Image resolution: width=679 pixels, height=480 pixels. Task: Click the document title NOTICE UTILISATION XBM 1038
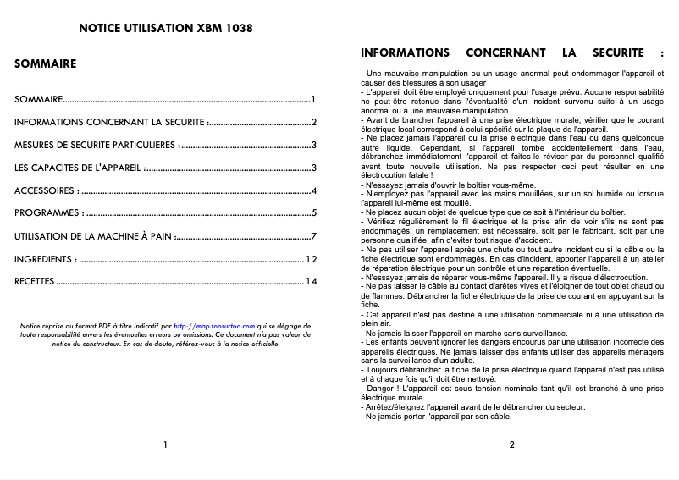(x=165, y=28)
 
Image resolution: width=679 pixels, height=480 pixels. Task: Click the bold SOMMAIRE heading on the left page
(x=46, y=63)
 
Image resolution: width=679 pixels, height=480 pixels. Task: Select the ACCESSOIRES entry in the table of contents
(x=46, y=190)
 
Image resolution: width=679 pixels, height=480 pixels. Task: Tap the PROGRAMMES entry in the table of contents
(x=48, y=213)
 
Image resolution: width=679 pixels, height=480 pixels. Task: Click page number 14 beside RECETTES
(x=311, y=282)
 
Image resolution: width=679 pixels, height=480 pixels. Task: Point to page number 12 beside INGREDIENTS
(x=311, y=259)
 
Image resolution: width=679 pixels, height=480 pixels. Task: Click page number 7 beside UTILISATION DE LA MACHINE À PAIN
(x=313, y=236)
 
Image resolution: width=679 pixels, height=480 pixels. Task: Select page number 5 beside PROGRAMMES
(x=313, y=213)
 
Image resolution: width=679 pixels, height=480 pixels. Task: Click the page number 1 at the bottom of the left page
(x=165, y=444)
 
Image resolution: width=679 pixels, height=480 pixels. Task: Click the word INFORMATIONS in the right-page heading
(x=405, y=52)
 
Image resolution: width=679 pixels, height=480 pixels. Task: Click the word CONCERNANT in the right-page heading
(x=508, y=52)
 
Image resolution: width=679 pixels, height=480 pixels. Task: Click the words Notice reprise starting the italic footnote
(x=41, y=324)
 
